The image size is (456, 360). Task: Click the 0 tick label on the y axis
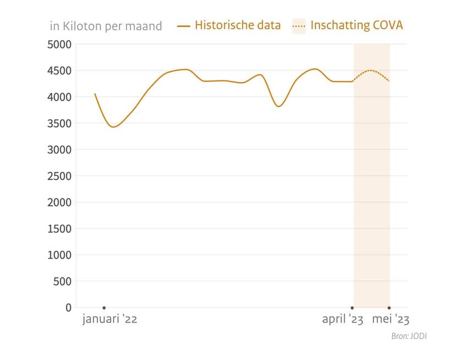(68, 308)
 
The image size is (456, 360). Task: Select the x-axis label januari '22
(109, 320)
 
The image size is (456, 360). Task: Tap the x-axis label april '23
(342, 320)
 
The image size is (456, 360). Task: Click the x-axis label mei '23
(391, 320)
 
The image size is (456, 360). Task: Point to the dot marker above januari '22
(104, 308)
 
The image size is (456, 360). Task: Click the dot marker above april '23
(353, 308)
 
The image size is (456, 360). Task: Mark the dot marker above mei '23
(389, 308)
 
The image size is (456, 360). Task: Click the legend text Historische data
(238, 25)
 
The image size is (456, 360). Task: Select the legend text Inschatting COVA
(356, 25)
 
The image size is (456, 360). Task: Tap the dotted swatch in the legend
(299, 25)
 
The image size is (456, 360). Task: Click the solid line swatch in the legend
(184, 26)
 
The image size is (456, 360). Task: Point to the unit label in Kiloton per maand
(106, 26)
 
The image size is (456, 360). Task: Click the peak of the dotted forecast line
(371, 70)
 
